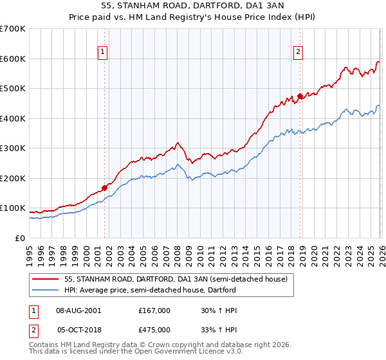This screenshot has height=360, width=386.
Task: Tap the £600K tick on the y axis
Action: (x=12, y=59)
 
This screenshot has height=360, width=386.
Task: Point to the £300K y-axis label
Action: (x=12, y=148)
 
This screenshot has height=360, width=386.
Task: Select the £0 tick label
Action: (x=20, y=238)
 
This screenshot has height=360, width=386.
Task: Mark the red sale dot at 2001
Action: (x=104, y=188)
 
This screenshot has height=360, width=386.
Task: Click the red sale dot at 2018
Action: (x=300, y=96)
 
